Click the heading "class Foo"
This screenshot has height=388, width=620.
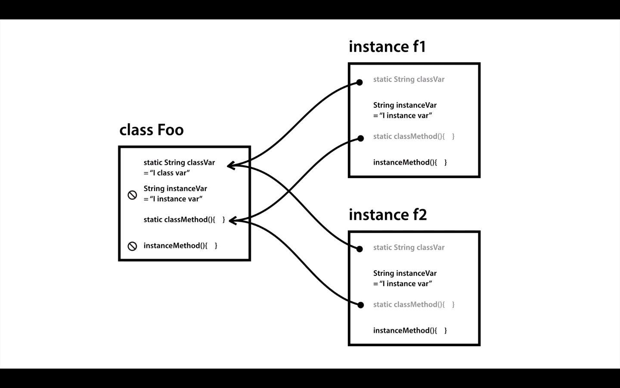point(152,130)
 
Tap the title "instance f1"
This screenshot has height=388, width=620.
point(387,46)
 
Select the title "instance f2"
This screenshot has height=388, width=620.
point(388,215)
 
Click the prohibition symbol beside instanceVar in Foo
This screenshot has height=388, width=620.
point(132,195)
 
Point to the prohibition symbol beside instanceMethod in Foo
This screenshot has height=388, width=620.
point(132,246)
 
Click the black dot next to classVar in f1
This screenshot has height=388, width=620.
point(359,82)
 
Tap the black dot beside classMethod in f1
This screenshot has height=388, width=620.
point(360,138)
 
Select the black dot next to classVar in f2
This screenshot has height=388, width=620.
point(359,249)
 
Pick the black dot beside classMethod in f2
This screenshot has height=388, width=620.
point(360,305)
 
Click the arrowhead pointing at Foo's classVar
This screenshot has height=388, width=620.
point(231,166)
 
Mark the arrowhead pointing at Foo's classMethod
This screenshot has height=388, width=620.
point(233,221)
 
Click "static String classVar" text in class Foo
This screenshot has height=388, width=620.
point(179,163)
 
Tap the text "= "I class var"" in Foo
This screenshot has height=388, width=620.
point(167,173)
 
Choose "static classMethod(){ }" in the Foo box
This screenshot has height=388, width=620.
point(184,220)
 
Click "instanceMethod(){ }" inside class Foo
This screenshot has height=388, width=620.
point(180,246)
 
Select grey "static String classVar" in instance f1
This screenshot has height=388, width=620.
point(409,79)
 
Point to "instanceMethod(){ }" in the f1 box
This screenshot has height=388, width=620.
point(410,163)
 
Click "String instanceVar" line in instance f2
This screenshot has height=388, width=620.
point(405,273)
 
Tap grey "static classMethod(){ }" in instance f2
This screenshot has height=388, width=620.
point(414,304)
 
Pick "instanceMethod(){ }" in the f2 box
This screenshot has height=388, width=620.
point(410,331)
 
